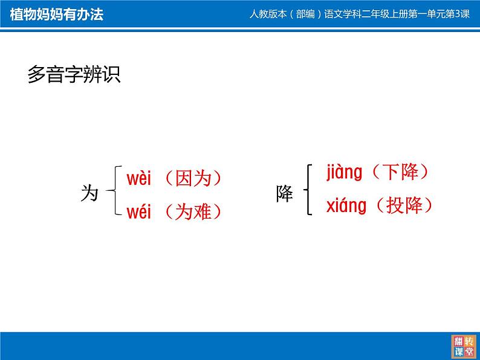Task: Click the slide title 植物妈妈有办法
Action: [57, 14]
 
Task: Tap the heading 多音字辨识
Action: [74, 74]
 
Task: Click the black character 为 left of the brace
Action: [89, 193]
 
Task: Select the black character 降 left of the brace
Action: [284, 194]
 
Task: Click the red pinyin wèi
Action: [138, 178]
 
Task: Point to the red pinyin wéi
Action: [138, 211]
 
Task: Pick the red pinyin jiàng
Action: [345, 173]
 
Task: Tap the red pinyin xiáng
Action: [346, 206]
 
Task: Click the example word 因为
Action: [193, 178]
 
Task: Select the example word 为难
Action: [193, 211]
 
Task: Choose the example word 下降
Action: [400, 172]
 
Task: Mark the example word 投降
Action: [404, 205]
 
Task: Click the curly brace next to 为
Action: [114, 190]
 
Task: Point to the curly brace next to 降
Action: [308, 190]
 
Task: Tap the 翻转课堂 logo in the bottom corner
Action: [464, 346]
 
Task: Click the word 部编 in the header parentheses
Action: [305, 14]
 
